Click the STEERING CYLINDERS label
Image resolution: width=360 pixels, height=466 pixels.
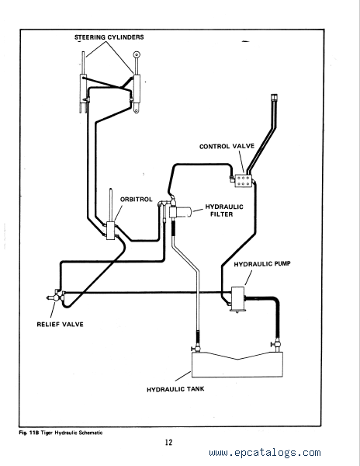coord(109,37)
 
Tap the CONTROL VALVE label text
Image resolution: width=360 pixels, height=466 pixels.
coord(227,146)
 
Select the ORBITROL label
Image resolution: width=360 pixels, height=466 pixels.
coord(137,199)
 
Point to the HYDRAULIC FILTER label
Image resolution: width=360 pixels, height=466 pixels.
coord(224,210)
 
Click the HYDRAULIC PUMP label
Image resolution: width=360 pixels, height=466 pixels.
coord(262,264)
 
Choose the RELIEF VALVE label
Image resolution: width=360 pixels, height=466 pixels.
coord(60,324)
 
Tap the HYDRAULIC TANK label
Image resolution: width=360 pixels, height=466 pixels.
coord(175,389)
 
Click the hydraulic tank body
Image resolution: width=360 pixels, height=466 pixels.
coord(237,366)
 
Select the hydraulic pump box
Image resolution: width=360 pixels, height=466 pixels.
coord(237,299)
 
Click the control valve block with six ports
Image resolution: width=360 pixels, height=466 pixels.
coord(244,181)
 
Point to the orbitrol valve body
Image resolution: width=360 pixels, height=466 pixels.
coord(111,231)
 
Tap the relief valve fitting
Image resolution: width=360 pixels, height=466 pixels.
coord(56,297)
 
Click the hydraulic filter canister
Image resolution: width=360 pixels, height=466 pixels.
coord(181,212)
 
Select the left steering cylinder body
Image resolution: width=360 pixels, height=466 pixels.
coord(83,89)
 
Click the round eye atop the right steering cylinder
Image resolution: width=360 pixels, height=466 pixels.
coord(137,54)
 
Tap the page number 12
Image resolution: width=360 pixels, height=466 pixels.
coord(168,442)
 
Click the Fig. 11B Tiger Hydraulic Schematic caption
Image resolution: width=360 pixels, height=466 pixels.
coord(61,433)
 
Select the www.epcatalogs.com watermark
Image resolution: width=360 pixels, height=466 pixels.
coord(265,453)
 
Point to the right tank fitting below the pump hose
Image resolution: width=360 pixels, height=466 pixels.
coord(277,345)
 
